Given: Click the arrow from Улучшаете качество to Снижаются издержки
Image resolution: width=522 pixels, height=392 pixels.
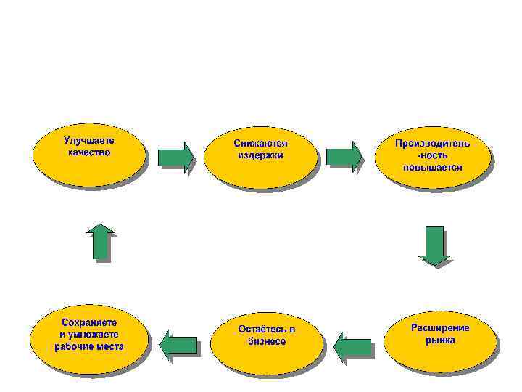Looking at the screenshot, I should pyautogui.click(x=176, y=157).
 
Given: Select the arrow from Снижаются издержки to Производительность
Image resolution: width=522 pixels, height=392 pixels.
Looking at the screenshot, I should pyautogui.click(x=343, y=157).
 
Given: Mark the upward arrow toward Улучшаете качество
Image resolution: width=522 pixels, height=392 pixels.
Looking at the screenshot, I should pyautogui.click(x=100, y=241).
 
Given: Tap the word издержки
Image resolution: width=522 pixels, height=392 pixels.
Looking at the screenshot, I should pyautogui.click(x=260, y=155).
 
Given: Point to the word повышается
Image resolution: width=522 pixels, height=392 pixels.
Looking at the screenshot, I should pyautogui.click(x=433, y=167).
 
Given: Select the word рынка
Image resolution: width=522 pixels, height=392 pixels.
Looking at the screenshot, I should pyautogui.click(x=440, y=340).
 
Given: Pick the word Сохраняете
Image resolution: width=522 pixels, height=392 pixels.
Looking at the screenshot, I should pyautogui.click(x=89, y=322).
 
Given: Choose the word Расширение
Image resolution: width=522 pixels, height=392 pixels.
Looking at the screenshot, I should pyautogui.click(x=440, y=327).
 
